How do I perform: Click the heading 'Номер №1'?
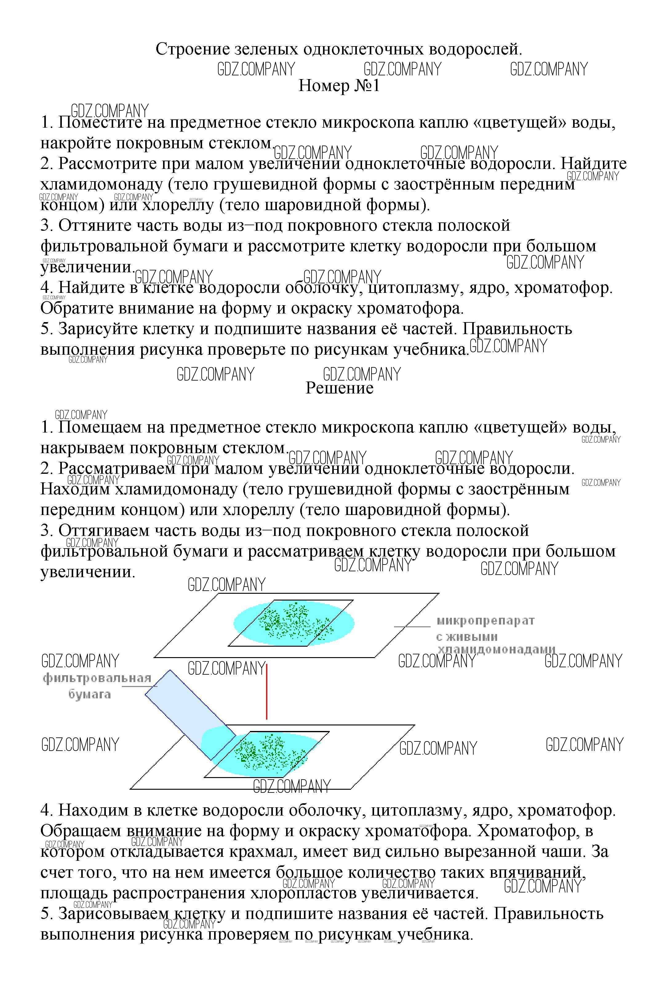339,86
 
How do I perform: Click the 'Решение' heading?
339,388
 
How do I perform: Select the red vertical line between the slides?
266,692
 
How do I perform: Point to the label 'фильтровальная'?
97,678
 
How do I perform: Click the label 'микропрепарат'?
485,621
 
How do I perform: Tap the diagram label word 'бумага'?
90,695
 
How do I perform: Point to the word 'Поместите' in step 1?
100,123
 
